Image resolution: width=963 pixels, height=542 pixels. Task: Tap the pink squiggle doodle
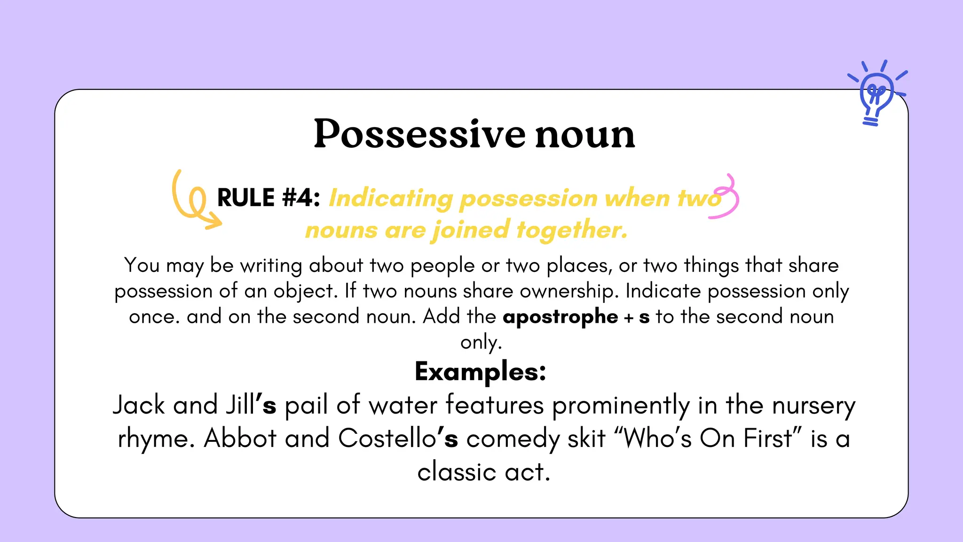click(726, 198)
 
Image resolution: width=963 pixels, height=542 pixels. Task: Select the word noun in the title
click(585, 135)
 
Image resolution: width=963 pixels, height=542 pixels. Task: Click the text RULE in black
click(245, 198)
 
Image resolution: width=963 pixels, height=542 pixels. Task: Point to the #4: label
click(301, 198)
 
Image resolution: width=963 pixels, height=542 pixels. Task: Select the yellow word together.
click(572, 231)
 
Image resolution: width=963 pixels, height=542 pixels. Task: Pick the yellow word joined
click(471, 231)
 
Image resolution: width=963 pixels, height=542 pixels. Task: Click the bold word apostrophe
click(560, 317)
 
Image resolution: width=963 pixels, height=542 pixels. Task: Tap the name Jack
click(139, 405)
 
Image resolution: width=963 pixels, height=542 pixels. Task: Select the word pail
click(306, 405)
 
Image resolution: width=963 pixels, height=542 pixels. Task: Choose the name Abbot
click(240, 438)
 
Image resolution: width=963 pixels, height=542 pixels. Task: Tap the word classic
click(457, 472)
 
